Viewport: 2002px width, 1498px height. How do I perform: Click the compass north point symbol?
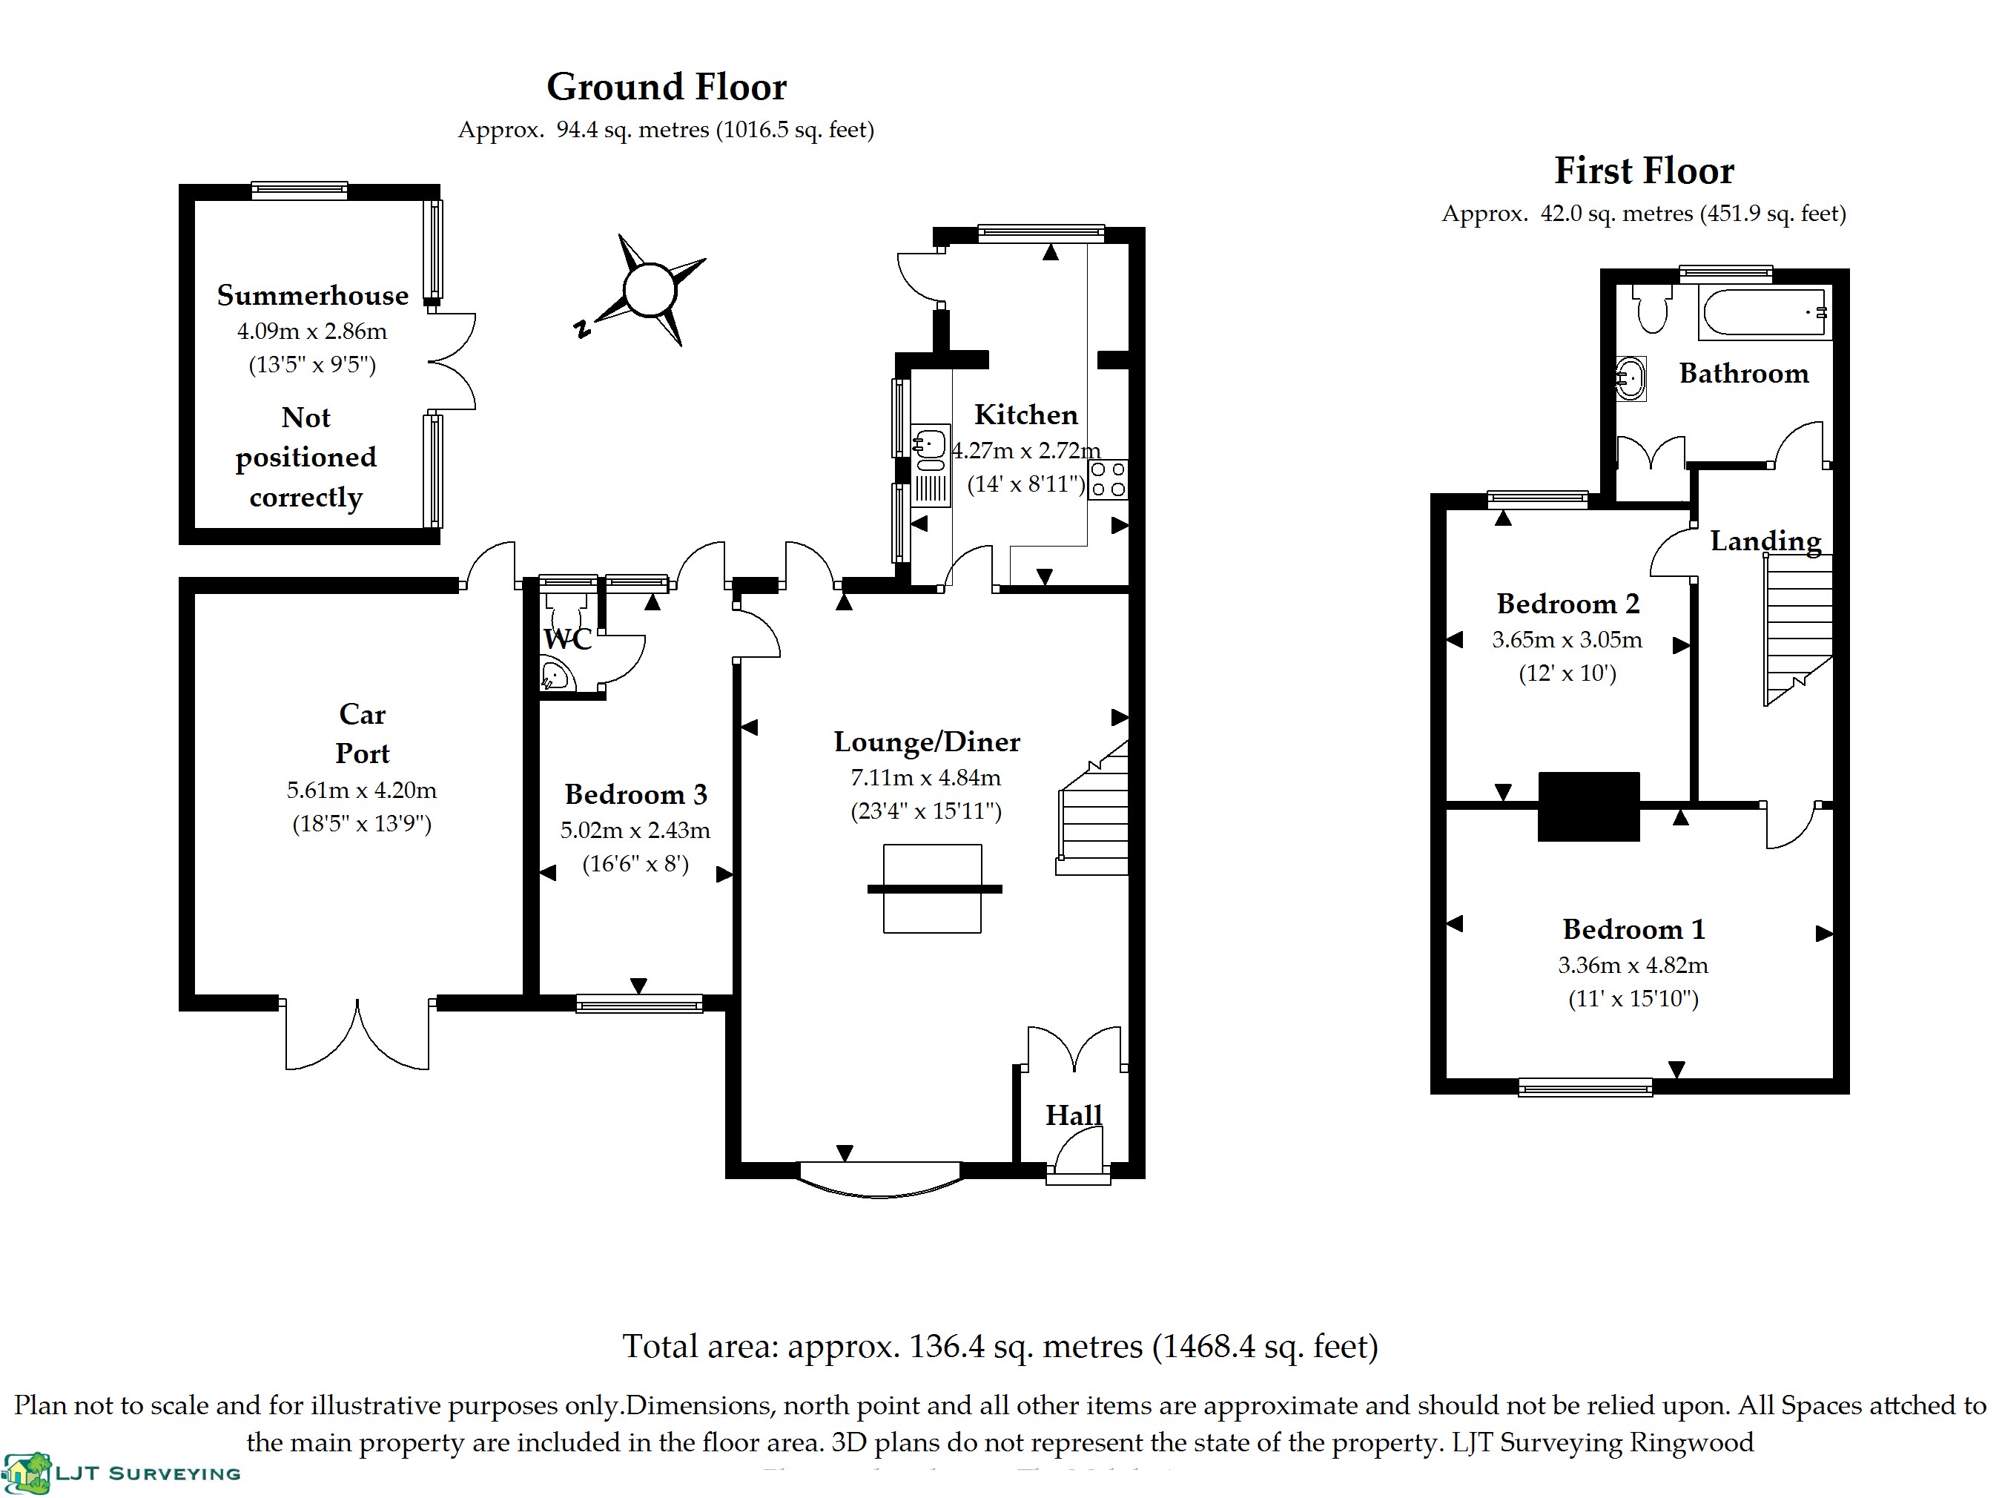point(649,290)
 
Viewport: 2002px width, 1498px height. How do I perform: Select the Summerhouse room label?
point(312,295)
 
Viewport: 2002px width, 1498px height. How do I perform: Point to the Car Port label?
point(362,733)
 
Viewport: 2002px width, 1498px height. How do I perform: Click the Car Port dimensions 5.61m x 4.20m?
point(362,791)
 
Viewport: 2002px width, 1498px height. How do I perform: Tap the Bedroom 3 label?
point(635,793)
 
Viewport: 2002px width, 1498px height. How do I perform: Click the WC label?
point(567,639)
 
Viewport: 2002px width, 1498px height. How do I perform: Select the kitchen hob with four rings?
point(1108,480)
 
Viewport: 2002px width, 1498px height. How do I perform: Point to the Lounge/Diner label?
point(926,742)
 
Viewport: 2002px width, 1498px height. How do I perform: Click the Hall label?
point(1074,1115)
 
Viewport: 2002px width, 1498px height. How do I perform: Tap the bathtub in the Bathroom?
point(1764,313)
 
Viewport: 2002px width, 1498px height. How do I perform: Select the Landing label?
point(1765,541)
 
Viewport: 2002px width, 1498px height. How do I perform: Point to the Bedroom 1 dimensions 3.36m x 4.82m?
point(1633,965)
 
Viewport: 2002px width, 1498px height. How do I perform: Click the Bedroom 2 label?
point(1567,604)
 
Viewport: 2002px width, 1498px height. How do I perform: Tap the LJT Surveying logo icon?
point(27,1474)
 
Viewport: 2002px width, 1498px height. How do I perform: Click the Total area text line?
point(1000,1347)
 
